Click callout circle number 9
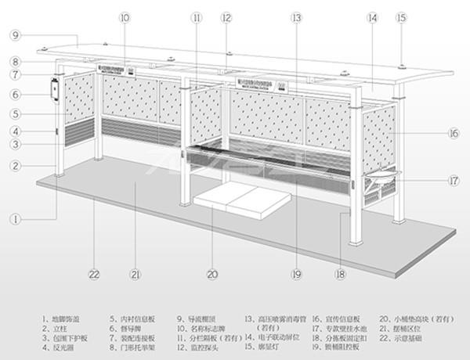15,34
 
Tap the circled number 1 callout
15,220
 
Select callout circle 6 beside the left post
15,94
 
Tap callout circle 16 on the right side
453,134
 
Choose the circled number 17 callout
453,180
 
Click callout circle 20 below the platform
211,275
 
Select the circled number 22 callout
95,275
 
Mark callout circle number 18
339,275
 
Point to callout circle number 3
15,144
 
